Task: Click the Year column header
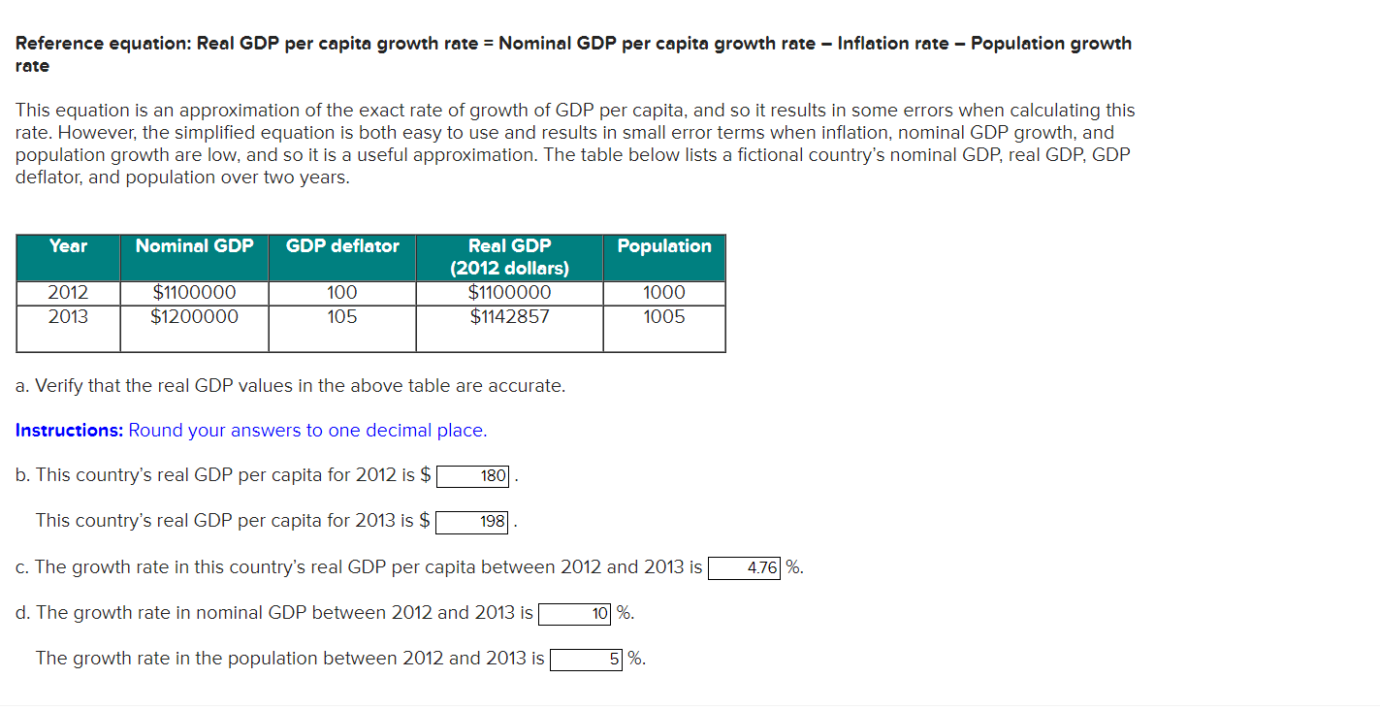tap(68, 246)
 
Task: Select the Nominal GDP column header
tap(194, 246)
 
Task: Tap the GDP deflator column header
tap(342, 246)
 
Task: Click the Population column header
tap(664, 246)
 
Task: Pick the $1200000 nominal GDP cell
tap(194, 316)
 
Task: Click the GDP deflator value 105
tap(342, 316)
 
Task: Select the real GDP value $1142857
tap(509, 316)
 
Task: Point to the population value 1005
tap(664, 316)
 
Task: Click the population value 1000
tap(664, 293)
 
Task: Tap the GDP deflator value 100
tap(342, 293)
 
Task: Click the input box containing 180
tap(473, 476)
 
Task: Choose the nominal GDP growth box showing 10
tap(575, 614)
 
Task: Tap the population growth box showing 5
tap(587, 660)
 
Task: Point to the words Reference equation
tap(102, 44)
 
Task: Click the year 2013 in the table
tap(68, 316)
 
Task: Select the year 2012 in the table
tap(68, 293)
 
